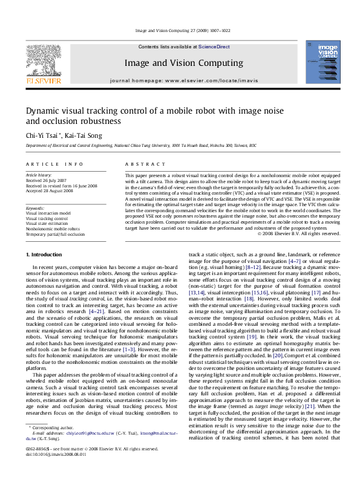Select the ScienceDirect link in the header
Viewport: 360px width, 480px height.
[215, 47]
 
